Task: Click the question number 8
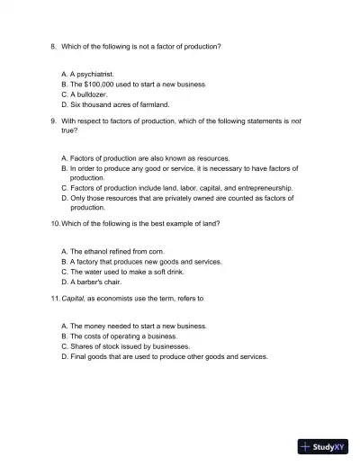click(x=53, y=45)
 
